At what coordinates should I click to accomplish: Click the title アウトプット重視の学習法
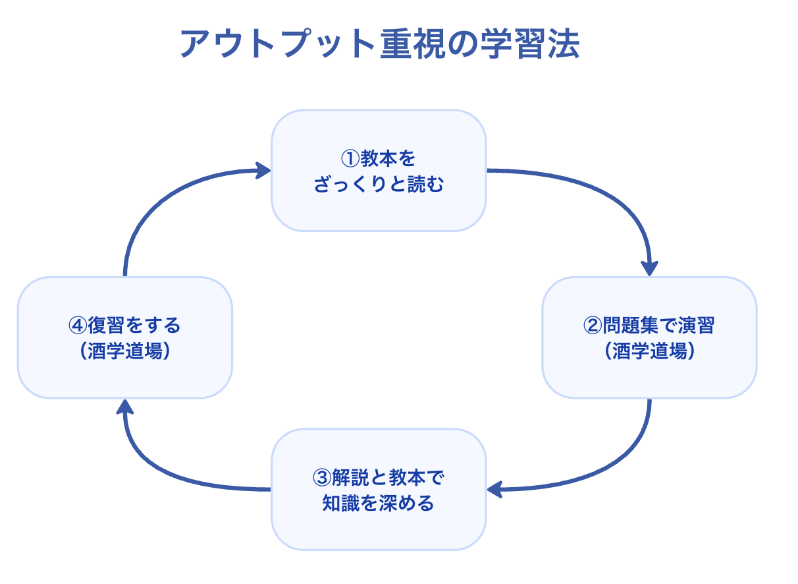(x=380, y=44)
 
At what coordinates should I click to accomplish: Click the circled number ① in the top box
(x=350, y=159)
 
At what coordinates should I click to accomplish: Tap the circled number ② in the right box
(x=593, y=326)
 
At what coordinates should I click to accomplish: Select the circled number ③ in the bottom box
(x=322, y=478)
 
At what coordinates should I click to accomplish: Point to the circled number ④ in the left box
(x=78, y=326)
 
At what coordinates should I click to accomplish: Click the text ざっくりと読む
(x=379, y=185)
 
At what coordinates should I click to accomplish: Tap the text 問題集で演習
(x=658, y=326)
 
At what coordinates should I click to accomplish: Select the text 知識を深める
(x=379, y=504)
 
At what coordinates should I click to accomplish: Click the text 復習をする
(x=134, y=326)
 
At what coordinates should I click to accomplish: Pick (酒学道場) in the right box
(x=649, y=351)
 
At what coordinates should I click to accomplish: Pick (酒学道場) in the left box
(x=125, y=351)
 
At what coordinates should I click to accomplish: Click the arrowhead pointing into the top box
(x=263, y=171)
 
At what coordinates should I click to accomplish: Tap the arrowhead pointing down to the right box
(x=649, y=269)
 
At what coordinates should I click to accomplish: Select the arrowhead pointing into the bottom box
(x=495, y=490)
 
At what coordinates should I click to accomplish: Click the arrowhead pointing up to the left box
(x=125, y=407)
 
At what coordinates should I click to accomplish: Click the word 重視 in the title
(x=413, y=44)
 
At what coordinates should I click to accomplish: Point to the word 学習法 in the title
(x=530, y=44)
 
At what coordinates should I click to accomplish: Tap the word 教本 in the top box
(x=379, y=159)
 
